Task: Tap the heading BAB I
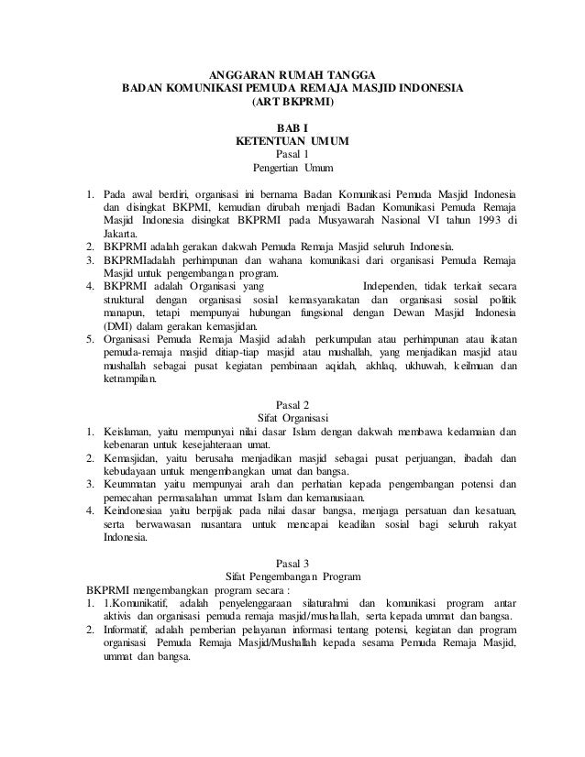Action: (x=293, y=129)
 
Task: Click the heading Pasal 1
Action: (x=293, y=156)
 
